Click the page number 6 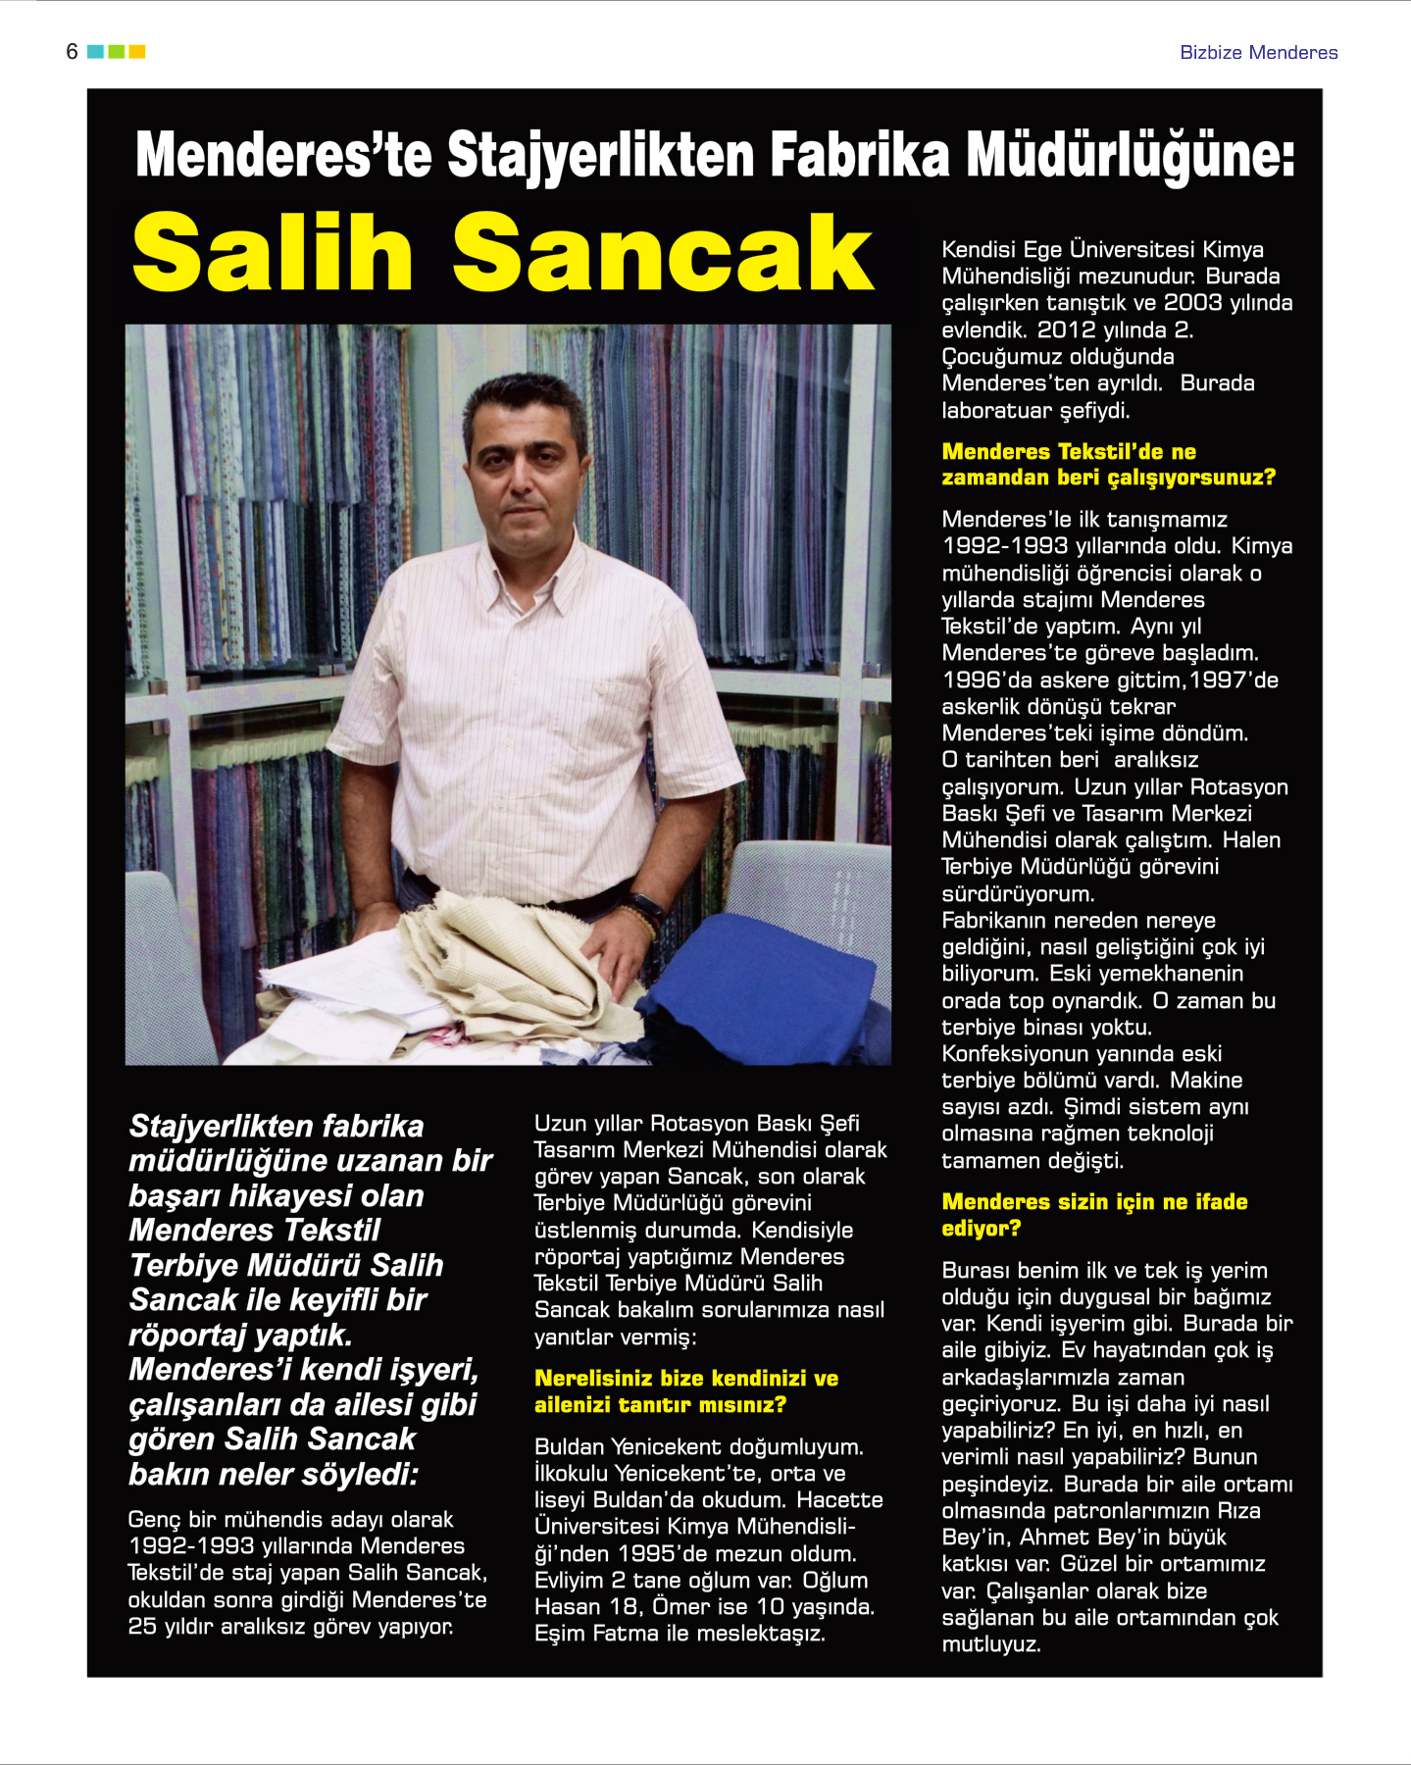[72, 52]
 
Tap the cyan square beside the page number [95, 52]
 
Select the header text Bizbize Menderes [1258, 53]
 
